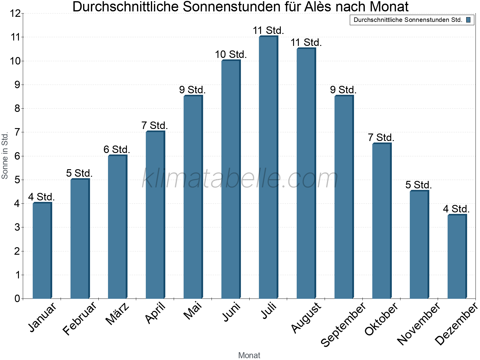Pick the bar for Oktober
point(382,221)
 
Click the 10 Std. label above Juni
point(231,55)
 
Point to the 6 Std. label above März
point(117,149)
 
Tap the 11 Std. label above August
point(306,43)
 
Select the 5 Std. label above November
point(418,185)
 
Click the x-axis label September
point(344,324)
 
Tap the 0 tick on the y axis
point(17,298)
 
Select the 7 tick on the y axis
point(17,132)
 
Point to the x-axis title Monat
point(249,355)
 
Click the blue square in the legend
point(468,20)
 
